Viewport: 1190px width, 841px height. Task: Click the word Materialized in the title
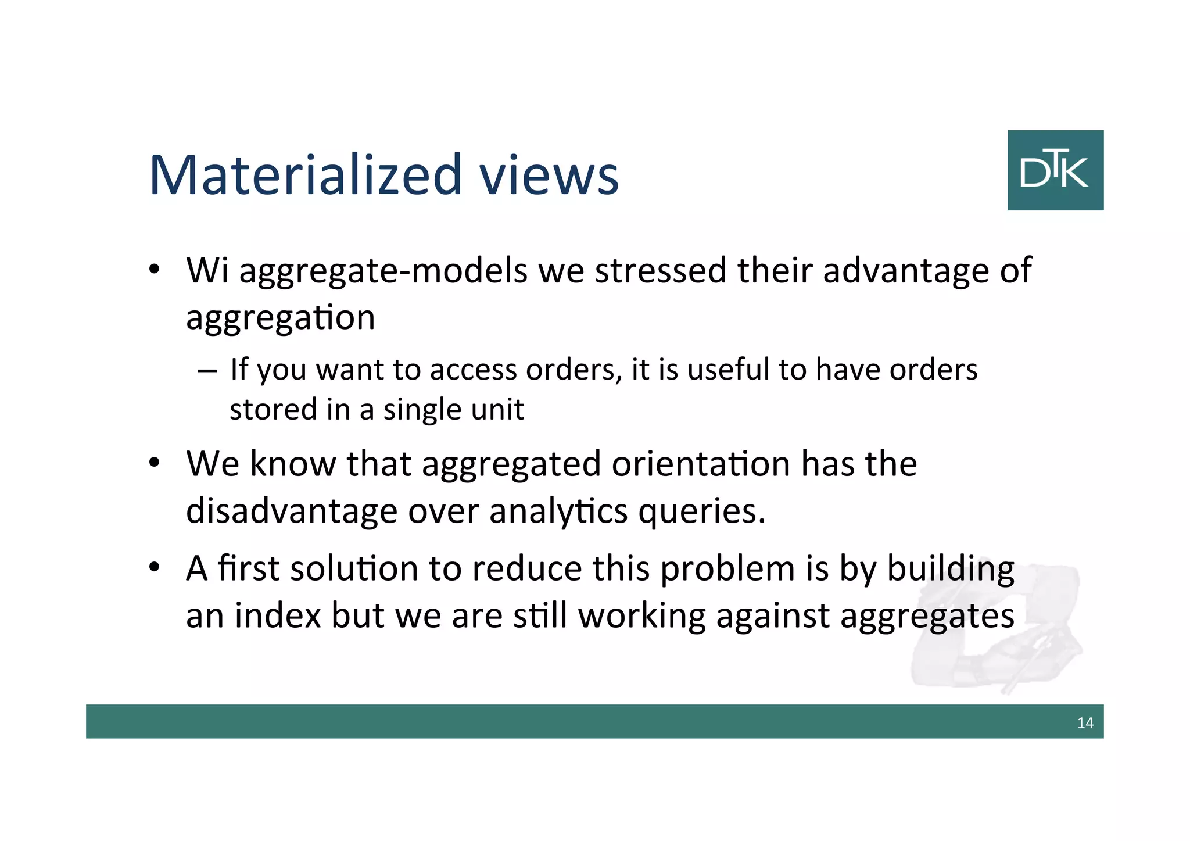[x=305, y=175]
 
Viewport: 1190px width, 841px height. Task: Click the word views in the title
[x=549, y=175]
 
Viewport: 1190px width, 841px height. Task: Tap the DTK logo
[x=1055, y=170]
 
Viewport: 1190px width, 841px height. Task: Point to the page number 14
[x=1085, y=723]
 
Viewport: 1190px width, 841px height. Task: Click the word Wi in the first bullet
[x=207, y=270]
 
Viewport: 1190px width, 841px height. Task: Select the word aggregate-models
[x=383, y=271]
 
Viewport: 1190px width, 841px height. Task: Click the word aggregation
[x=281, y=318]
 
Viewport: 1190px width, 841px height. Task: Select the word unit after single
[x=497, y=409]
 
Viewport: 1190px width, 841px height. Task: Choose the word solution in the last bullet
[x=354, y=568]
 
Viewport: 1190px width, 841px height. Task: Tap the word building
[x=951, y=570]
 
